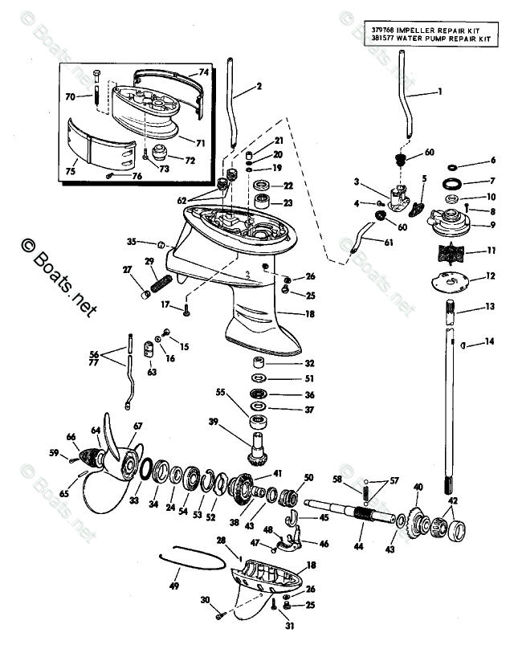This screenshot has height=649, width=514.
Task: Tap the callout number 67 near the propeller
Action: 138,426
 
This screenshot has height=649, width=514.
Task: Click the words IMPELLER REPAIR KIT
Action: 438,31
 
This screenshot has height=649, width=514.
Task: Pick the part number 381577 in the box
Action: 382,39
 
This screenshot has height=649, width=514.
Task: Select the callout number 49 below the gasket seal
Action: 174,586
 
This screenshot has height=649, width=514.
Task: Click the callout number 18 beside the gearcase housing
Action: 309,314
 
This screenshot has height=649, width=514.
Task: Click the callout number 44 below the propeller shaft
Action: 358,546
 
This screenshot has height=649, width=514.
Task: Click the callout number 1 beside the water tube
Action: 439,91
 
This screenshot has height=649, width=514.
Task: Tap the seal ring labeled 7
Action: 452,183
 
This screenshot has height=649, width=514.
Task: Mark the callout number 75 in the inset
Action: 71,171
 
